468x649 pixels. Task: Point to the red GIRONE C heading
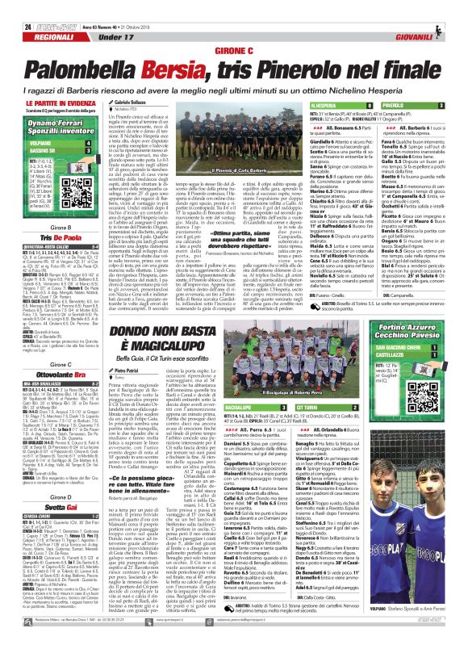click(x=233, y=48)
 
